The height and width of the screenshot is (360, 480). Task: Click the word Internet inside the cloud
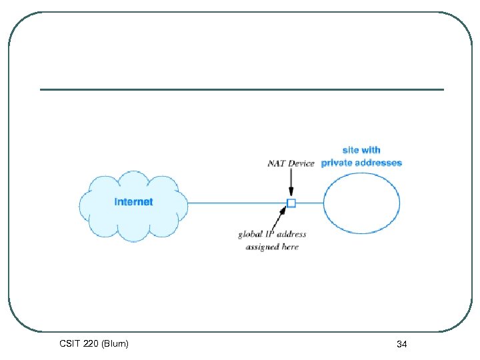tap(133, 202)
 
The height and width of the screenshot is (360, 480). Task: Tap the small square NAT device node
tap(291, 203)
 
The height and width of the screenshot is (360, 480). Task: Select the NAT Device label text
tap(291, 163)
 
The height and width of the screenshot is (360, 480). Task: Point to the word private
tap(338, 163)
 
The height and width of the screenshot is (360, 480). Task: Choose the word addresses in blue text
tap(380, 163)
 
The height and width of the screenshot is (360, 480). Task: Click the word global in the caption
tap(251, 235)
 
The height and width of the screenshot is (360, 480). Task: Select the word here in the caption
tap(290, 247)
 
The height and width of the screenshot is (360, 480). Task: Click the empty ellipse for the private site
tap(361, 203)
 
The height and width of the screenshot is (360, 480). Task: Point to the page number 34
tap(401, 344)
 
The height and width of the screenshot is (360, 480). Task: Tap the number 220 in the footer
tap(91, 344)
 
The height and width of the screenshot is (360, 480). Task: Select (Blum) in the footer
tap(115, 344)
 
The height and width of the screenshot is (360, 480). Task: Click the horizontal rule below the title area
tap(241, 89)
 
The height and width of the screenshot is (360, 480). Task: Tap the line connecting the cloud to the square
tap(237, 203)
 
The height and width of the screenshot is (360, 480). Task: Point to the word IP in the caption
tap(271, 235)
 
